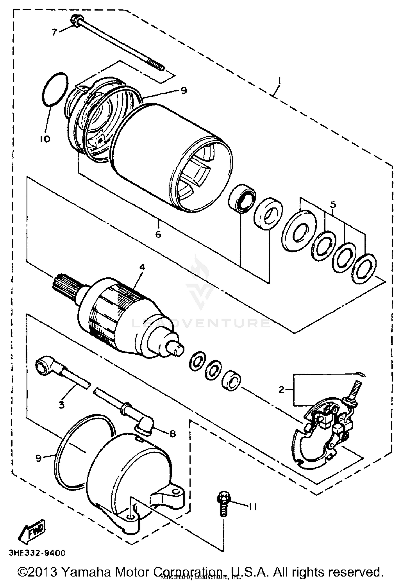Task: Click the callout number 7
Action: point(54,32)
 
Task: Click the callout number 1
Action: point(279,81)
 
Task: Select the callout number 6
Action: point(158,234)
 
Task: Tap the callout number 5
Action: point(333,204)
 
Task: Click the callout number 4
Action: point(142,267)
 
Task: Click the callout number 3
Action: point(62,405)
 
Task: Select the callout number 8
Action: point(173,433)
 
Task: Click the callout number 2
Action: point(281,390)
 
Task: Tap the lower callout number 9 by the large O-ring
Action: point(39,458)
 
